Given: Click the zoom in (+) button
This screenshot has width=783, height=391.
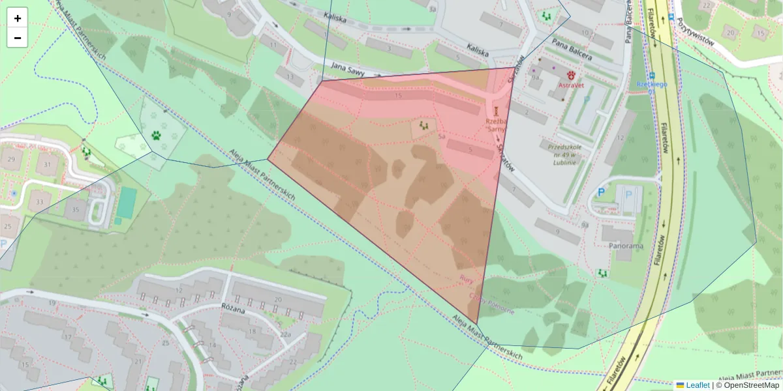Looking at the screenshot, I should (18, 18).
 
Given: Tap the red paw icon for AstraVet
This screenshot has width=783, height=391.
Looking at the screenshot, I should (572, 75).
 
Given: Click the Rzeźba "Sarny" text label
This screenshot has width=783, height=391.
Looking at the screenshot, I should (496, 125).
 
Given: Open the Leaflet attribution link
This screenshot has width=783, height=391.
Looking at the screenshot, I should (698, 385).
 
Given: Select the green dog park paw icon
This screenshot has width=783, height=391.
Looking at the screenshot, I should (157, 136).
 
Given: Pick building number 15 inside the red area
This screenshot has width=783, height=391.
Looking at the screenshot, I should (398, 96).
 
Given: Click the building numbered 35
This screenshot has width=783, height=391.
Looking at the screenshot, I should (76, 209).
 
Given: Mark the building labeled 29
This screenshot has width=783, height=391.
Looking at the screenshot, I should (10, 159).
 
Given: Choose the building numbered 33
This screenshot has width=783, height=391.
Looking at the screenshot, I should (39, 202).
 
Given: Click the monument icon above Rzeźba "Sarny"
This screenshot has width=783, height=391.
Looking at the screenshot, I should (496, 111).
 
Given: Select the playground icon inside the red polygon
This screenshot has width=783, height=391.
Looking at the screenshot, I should (424, 125).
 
